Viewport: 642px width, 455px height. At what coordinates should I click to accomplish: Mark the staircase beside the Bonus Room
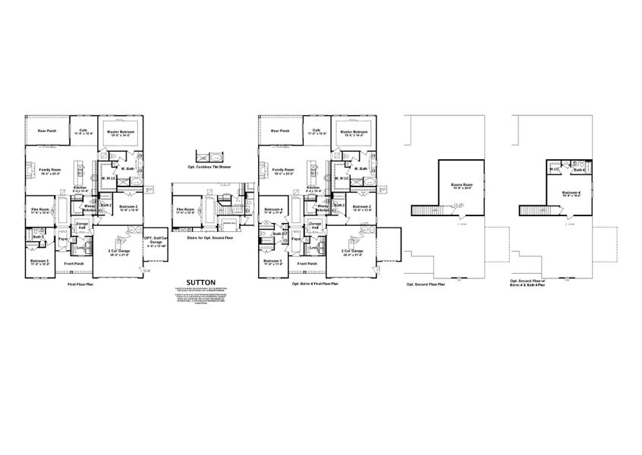[x=426, y=210]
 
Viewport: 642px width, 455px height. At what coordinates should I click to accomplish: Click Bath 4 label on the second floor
[x=579, y=171]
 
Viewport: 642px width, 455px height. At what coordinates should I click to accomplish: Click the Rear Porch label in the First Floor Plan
[x=47, y=130]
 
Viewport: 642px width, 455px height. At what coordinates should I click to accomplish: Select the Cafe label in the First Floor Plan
[x=84, y=130]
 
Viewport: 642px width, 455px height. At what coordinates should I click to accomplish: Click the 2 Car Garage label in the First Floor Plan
[x=118, y=252]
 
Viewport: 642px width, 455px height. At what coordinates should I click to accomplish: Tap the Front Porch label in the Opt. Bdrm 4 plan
[x=308, y=263]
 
